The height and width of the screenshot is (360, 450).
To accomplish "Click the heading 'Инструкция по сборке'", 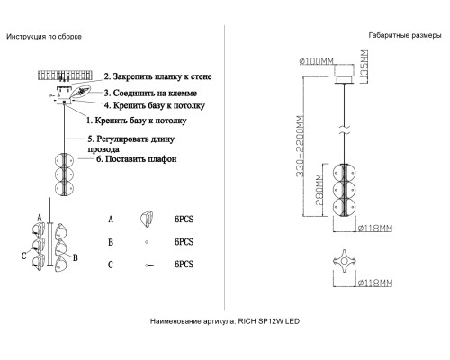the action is pyautogui.click(x=44, y=37).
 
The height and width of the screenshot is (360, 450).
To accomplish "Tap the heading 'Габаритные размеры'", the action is pyautogui.click(x=405, y=35).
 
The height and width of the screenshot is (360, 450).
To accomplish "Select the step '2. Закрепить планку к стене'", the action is pyautogui.click(x=157, y=76).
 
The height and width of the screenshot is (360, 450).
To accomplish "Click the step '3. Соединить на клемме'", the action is pyautogui.click(x=150, y=94).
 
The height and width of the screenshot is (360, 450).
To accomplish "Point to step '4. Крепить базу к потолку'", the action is pyautogui.click(x=155, y=105).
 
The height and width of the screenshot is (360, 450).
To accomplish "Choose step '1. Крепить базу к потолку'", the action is pyautogui.click(x=137, y=121).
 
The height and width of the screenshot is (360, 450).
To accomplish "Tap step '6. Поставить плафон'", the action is pyautogui.click(x=137, y=159).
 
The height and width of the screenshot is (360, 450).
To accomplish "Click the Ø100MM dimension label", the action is pyautogui.click(x=317, y=61).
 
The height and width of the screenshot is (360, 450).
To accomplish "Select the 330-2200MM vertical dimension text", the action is pyautogui.click(x=301, y=146).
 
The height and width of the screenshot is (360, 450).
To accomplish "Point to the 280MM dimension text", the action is pyautogui.click(x=319, y=190).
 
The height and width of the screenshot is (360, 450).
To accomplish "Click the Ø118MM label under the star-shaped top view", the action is pyautogui.click(x=375, y=283).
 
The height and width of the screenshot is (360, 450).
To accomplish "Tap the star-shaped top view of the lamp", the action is pyautogui.click(x=345, y=261).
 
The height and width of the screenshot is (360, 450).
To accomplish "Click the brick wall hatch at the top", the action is pyautogui.click(x=65, y=75).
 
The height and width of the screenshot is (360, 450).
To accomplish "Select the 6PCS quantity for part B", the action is pyautogui.click(x=184, y=242).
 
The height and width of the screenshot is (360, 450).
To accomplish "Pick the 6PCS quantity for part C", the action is pyautogui.click(x=184, y=265).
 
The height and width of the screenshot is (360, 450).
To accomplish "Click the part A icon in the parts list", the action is pyautogui.click(x=147, y=219).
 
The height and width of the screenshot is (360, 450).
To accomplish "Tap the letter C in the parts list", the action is pyautogui.click(x=111, y=265).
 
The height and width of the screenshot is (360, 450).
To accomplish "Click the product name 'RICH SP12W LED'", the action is pyautogui.click(x=269, y=321).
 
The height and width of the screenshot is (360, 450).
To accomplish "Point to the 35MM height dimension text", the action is pyautogui.click(x=364, y=67).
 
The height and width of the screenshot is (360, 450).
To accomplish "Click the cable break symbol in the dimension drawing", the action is pyautogui.click(x=345, y=130).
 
